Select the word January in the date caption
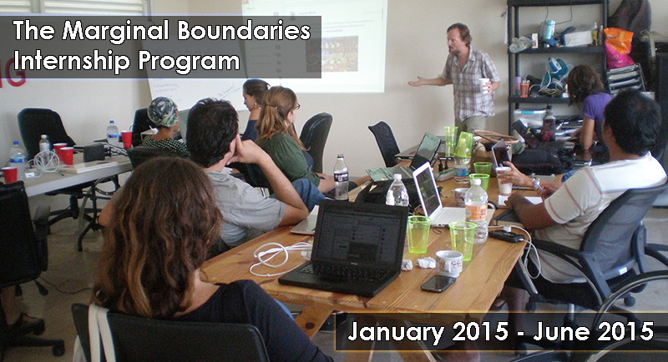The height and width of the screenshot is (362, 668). (x=396, y=332)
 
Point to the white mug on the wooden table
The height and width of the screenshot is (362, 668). (x=449, y=263)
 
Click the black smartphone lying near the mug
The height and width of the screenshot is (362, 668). (x=438, y=283)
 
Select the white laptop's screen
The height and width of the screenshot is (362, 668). (x=428, y=191)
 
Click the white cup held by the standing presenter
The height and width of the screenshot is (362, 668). (x=483, y=85)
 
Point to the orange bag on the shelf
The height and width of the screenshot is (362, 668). (x=618, y=48)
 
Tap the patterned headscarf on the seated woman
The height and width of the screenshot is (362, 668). (x=162, y=112)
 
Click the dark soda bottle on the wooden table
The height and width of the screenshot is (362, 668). (x=341, y=178)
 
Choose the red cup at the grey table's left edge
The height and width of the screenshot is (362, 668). (x=9, y=174)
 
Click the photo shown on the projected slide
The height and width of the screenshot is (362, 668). (x=340, y=53)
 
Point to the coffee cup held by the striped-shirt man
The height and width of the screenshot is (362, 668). (x=504, y=181)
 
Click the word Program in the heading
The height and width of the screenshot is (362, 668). (x=190, y=62)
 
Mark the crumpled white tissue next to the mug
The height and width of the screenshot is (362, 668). (x=426, y=263)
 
